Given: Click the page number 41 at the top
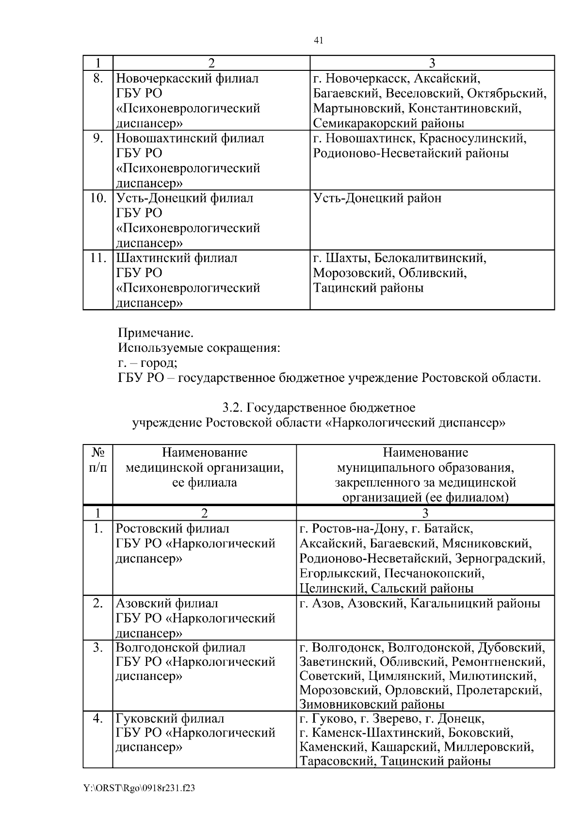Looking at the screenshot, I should (318, 40).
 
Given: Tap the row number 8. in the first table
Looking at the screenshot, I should (97, 79).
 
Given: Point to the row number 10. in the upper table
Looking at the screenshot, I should (97, 198).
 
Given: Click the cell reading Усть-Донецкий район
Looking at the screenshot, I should (377, 198).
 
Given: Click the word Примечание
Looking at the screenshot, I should (156, 333).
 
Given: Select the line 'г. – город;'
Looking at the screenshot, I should (147, 363).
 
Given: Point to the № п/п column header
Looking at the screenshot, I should (98, 460).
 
